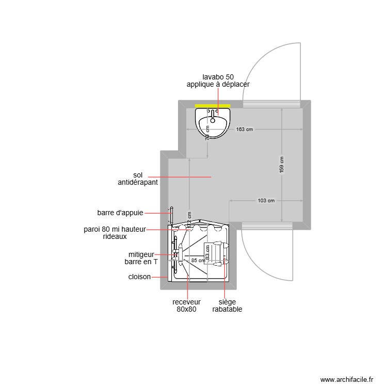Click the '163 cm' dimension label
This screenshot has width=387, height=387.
click(245, 130)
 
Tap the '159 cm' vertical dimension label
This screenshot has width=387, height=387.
click(281, 166)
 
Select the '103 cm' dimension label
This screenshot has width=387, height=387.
click(265, 201)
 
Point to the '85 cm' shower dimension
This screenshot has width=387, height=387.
click(198, 261)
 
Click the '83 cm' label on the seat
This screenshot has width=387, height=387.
click(207, 252)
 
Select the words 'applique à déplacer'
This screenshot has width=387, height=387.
click(218, 84)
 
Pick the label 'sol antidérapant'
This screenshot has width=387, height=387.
click(138, 179)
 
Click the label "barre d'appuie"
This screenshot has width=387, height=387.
click(120, 212)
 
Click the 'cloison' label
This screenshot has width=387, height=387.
click(139, 277)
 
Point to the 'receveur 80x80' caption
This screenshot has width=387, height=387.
click(186, 305)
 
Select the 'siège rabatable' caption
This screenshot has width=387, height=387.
click(227, 305)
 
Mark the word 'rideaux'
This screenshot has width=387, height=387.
click(115, 236)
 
